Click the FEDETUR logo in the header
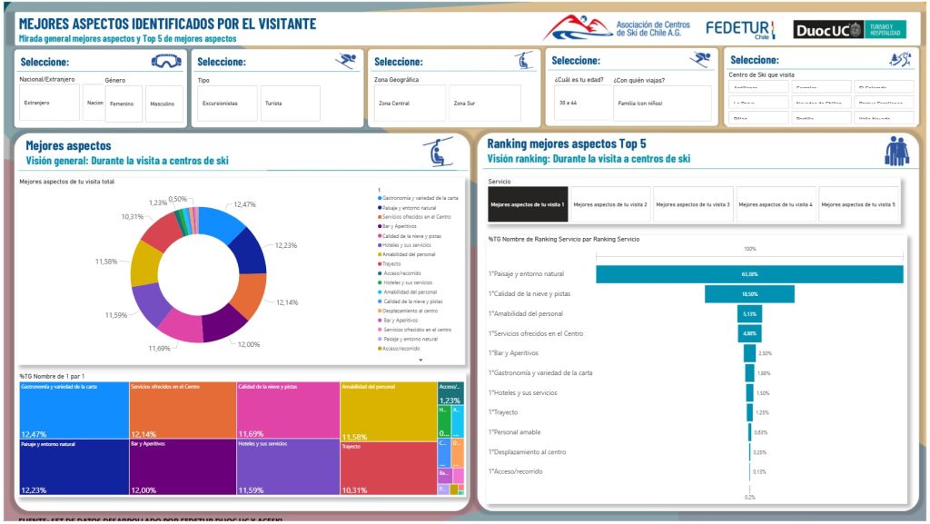pos(740,29)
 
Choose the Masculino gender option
pos(163,104)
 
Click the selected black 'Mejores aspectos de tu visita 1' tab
pos(528,204)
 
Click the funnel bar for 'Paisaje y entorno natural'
pos(749,273)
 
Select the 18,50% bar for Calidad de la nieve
pos(749,293)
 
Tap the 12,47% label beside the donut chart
pos(244,205)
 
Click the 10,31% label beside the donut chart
pos(133,217)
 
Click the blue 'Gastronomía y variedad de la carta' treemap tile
pos(74,410)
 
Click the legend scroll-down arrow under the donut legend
pos(420,360)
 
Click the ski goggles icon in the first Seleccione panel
pos(167,62)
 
